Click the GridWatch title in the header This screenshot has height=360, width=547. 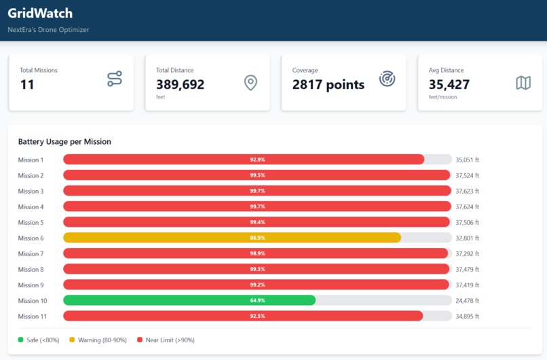40,13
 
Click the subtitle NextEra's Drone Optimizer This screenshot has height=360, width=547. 48,30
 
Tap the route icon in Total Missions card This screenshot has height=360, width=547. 115,79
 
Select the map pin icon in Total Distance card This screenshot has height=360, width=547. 250,83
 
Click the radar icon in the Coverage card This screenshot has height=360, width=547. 387,79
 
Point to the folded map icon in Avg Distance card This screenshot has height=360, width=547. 523,83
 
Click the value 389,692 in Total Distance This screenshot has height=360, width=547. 180,85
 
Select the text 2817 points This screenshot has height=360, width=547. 328,85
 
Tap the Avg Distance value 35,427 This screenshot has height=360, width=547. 449,85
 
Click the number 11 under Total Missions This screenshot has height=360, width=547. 27,85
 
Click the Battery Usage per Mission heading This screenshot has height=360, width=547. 64,142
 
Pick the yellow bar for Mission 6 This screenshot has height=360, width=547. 231,238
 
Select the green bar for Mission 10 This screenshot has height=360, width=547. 189,300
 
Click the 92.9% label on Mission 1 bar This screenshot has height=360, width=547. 257,160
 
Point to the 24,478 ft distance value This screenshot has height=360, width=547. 467,300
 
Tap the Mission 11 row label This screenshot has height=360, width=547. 33,316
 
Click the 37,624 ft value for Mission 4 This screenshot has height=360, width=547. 467,206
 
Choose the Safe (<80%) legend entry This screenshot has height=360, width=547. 39,340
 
